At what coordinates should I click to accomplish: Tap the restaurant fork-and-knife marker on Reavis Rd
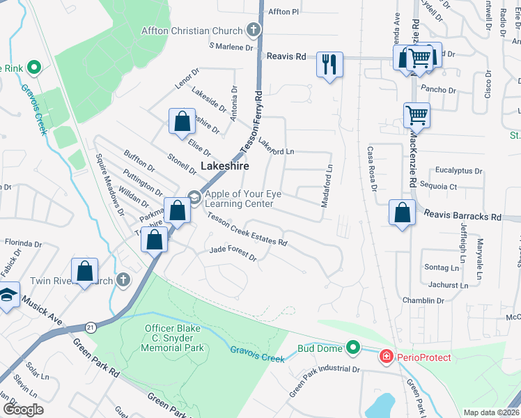click(328, 65)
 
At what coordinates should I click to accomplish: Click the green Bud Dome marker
click(353, 346)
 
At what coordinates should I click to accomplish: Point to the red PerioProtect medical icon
click(384, 357)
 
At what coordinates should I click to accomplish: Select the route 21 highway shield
click(91, 326)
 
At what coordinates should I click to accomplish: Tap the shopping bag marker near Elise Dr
click(181, 121)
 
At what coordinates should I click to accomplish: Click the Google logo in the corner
click(23, 410)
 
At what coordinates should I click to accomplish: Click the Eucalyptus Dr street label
click(458, 170)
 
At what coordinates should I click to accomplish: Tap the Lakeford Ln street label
click(277, 146)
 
